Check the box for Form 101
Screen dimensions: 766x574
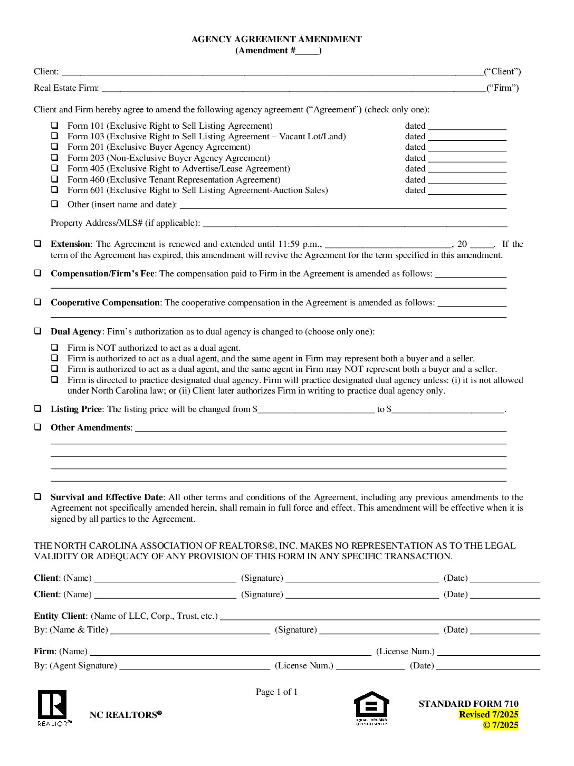tap(54, 126)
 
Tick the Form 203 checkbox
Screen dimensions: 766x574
tap(54, 158)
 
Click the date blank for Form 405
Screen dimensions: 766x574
tap(467, 169)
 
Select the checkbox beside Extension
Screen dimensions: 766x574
tap(38, 244)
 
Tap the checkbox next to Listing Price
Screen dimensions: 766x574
tap(38, 409)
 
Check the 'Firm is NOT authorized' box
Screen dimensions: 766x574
tap(54, 348)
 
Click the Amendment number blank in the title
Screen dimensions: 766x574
tap(307, 51)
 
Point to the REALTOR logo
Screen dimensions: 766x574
tap(52, 707)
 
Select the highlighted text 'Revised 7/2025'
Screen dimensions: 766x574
tap(489, 714)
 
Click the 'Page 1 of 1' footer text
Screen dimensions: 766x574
tap(276, 692)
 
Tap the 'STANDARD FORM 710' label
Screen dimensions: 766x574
tap(468, 704)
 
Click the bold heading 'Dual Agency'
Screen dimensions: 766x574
tap(76, 331)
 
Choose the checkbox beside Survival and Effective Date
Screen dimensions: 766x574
tap(38, 497)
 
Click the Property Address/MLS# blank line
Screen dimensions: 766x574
tap(355, 223)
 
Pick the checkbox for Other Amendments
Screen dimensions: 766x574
tap(38, 427)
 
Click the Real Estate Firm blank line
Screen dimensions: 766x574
tap(293, 89)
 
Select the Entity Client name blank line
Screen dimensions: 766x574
tap(380, 616)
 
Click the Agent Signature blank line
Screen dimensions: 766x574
tap(195, 666)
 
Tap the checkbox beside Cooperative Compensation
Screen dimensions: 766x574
tap(38, 302)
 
